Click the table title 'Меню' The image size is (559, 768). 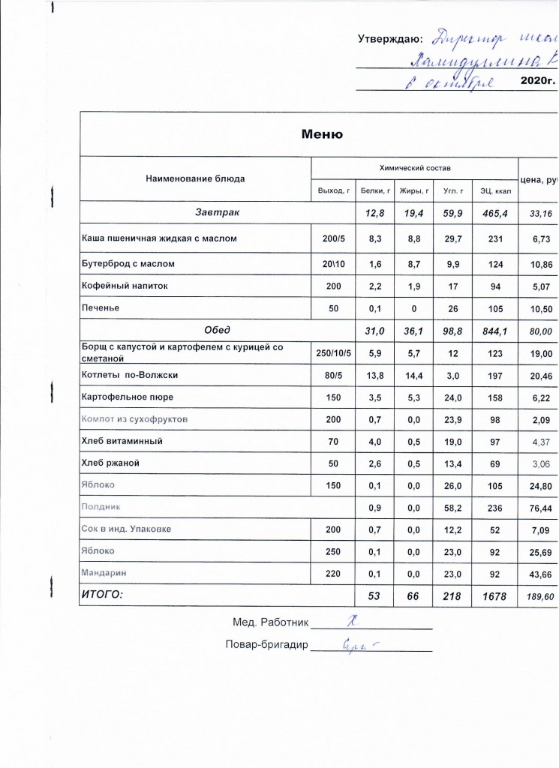coord(322,134)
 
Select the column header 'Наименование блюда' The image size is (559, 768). coord(195,178)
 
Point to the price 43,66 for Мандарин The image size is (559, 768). coord(540,573)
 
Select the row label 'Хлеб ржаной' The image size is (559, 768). coord(113,463)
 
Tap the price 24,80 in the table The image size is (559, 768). coord(540,485)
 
